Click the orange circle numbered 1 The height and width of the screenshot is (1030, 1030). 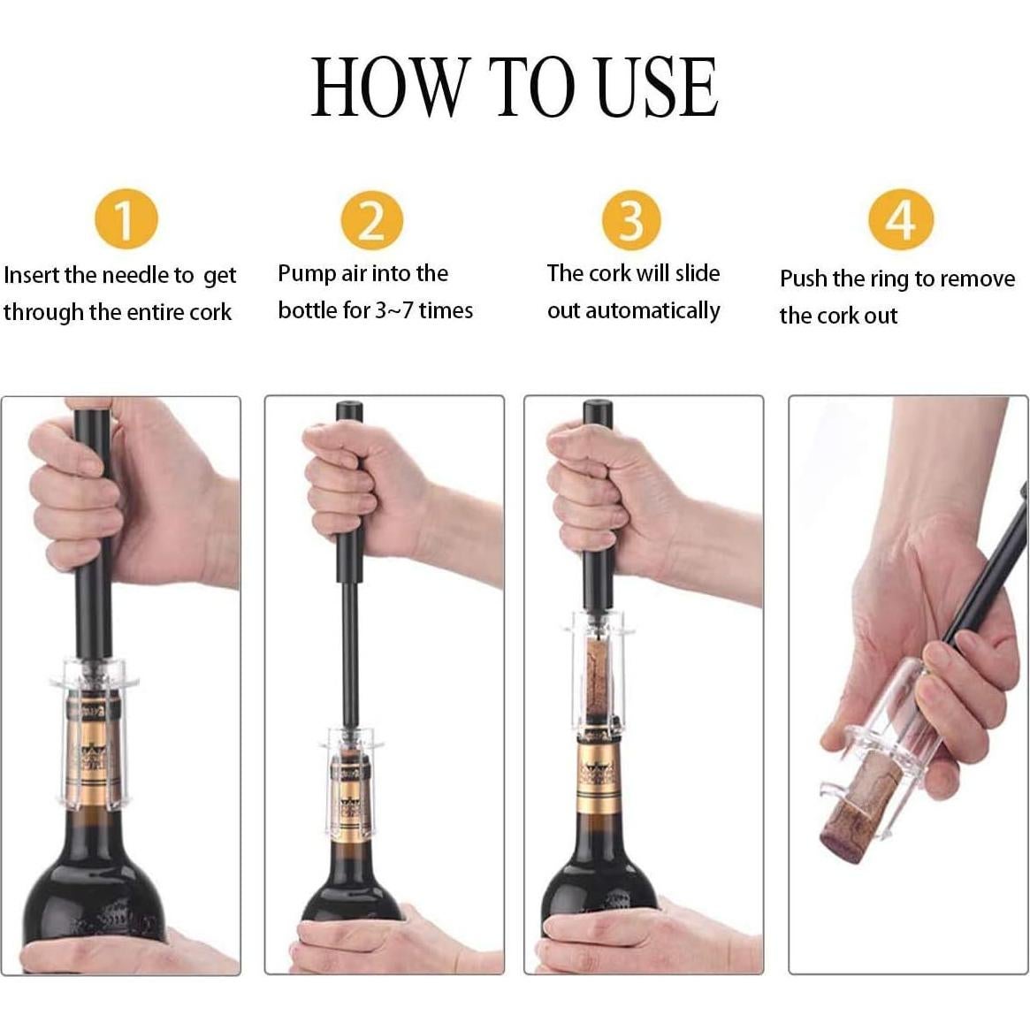point(126,218)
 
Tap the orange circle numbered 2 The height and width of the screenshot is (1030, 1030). point(372,218)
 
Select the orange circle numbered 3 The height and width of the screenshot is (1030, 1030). point(631,218)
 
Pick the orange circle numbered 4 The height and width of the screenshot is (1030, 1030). point(900,218)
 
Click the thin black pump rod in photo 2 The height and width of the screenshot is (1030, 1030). point(351,654)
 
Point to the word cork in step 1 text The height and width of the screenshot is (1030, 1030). point(211,312)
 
